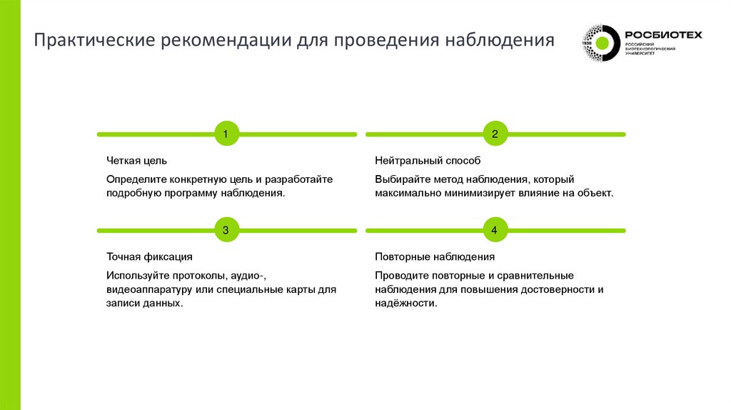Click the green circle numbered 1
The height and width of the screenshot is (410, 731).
tap(226, 134)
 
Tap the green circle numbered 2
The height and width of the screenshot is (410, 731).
tap(495, 134)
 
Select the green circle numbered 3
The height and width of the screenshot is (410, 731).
tap(226, 230)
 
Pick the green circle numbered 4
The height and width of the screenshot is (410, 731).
tap(495, 230)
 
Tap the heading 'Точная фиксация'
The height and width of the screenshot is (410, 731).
tap(149, 256)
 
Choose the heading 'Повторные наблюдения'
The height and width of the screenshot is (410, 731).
tap(435, 256)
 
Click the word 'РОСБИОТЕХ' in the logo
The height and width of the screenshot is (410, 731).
tap(663, 34)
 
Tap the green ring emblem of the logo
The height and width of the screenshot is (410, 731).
tap(601, 44)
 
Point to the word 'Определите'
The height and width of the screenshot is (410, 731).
tap(133, 179)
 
